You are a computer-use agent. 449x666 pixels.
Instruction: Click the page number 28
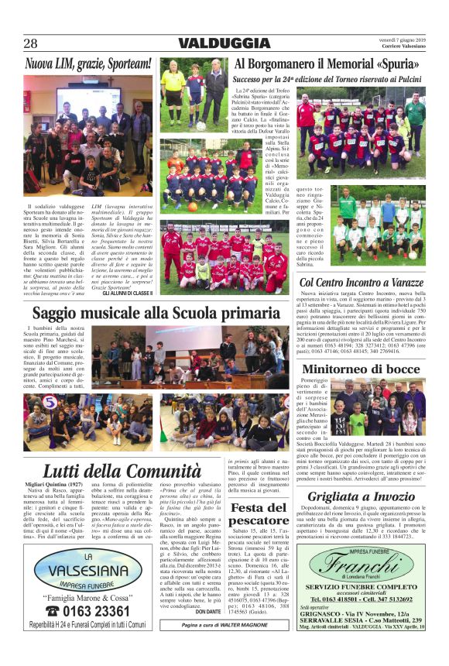(x=30, y=43)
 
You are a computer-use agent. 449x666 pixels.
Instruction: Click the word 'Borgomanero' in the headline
(x=290, y=64)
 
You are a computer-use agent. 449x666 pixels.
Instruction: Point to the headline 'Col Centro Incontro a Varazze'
(x=362, y=283)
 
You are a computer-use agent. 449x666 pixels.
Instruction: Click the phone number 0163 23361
(x=86, y=612)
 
